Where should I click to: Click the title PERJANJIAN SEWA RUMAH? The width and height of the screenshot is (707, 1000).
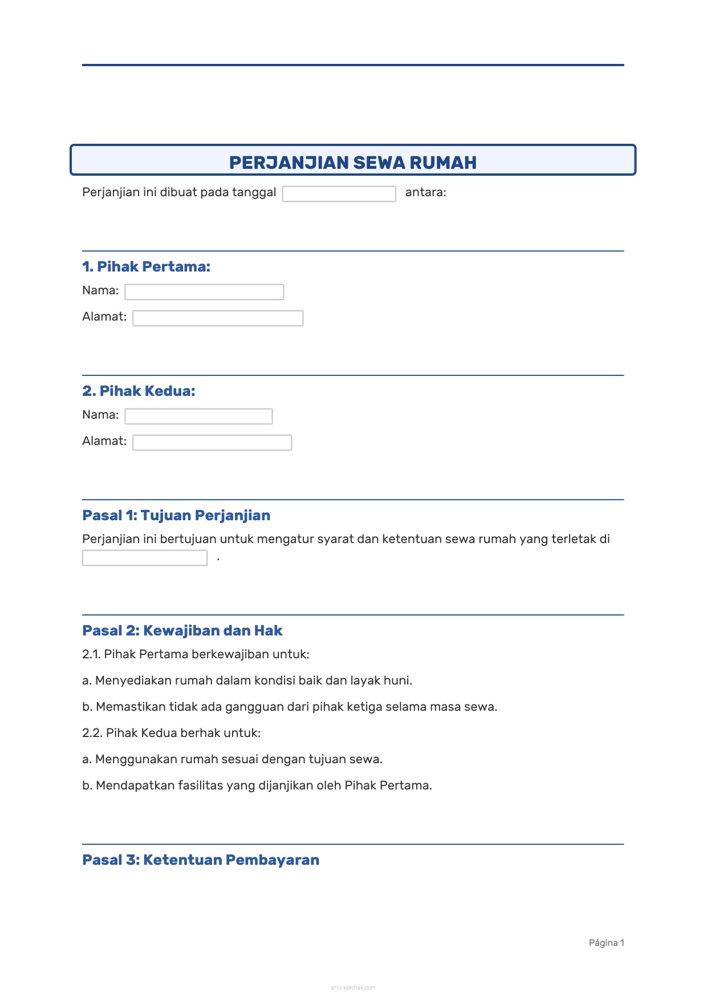click(353, 163)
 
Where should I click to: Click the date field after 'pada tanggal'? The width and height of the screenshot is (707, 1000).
click(339, 194)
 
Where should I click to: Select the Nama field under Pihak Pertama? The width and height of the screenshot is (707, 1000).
click(204, 292)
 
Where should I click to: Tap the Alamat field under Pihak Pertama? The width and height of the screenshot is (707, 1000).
click(218, 318)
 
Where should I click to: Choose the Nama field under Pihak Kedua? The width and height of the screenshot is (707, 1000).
click(198, 416)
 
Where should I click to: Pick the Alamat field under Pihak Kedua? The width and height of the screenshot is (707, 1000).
click(212, 443)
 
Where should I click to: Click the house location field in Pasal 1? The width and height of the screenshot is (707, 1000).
click(145, 558)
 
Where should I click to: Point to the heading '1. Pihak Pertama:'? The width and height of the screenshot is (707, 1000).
click(146, 266)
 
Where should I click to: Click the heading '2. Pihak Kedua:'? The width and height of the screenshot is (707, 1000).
click(139, 391)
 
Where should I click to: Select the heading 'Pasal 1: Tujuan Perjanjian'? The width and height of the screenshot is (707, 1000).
click(176, 515)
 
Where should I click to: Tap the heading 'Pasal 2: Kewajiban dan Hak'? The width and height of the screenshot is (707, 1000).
click(182, 630)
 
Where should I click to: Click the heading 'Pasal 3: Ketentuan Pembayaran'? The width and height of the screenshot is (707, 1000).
click(201, 860)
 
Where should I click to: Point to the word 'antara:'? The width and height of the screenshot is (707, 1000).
click(425, 192)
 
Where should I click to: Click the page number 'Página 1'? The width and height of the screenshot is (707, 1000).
click(606, 943)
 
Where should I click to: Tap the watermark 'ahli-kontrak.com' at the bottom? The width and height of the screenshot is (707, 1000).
click(353, 987)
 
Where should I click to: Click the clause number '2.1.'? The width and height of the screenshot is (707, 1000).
click(91, 654)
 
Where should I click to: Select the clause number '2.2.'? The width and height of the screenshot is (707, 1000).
click(92, 733)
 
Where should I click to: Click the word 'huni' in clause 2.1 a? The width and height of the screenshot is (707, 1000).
click(397, 681)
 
